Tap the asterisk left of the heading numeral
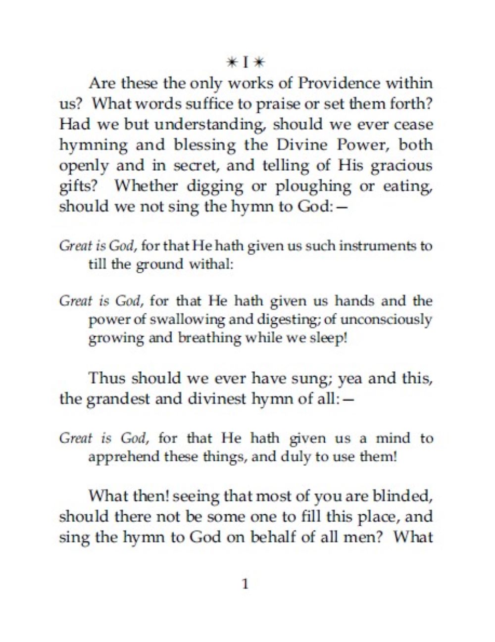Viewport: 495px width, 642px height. (x=231, y=63)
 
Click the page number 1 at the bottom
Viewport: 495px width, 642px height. (x=245, y=584)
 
